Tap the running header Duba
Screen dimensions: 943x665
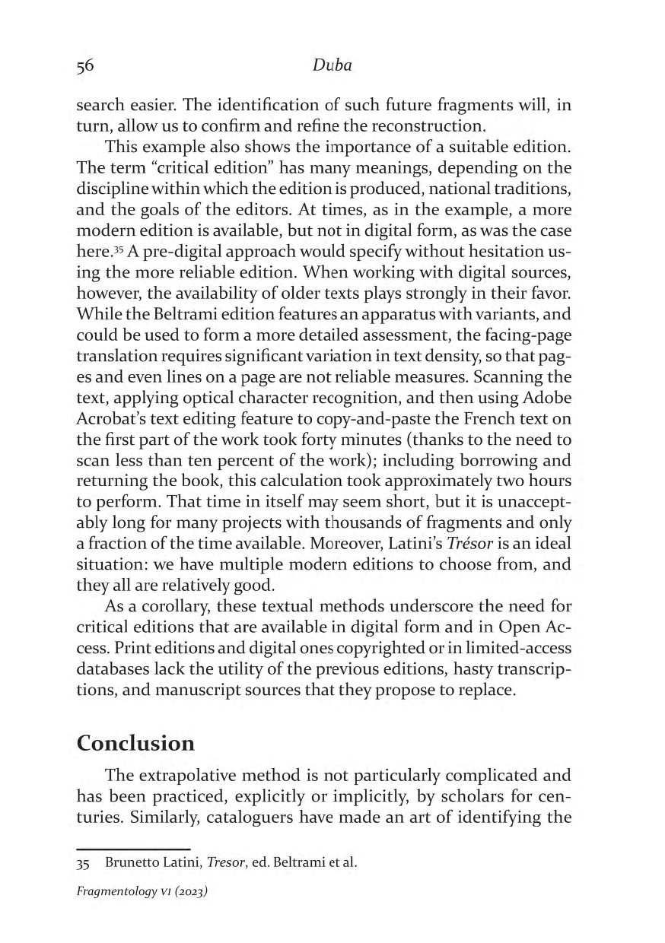coord(332,66)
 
